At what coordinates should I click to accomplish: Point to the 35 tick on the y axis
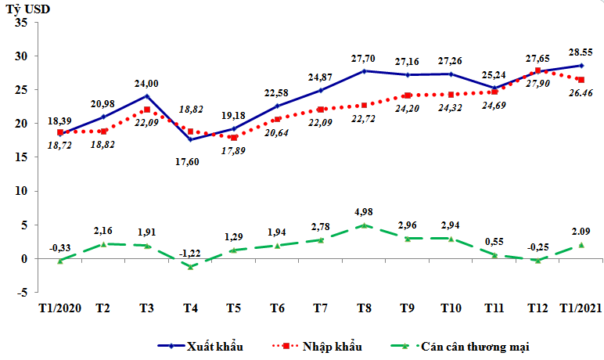coord(21,23)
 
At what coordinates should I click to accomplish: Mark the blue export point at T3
coord(147,96)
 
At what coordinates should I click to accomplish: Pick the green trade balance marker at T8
coord(364,225)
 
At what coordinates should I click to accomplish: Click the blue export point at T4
coord(190,139)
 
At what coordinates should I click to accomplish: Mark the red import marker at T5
coord(233,138)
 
